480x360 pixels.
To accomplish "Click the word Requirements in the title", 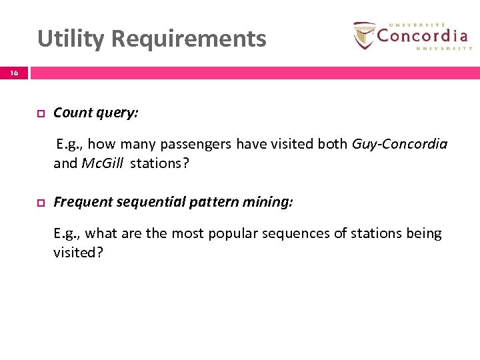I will tap(189, 39).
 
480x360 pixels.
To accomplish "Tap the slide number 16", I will tap(14, 73).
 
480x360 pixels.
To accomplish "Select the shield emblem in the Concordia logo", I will tap(363, 35).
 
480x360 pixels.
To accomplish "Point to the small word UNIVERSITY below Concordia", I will tap(443, 48).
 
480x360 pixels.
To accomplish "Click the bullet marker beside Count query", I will tap(40, 113).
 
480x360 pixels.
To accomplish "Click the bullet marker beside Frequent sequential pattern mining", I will tap(40, 203).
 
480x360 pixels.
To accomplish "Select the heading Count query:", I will tap(96, 113).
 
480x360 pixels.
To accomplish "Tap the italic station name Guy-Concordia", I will tap(399, 144).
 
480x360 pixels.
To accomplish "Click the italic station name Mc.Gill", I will tap(102, 164).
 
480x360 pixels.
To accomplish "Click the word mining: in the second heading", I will tap(269, 202).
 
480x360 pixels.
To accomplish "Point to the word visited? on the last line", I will tap(78, 253).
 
